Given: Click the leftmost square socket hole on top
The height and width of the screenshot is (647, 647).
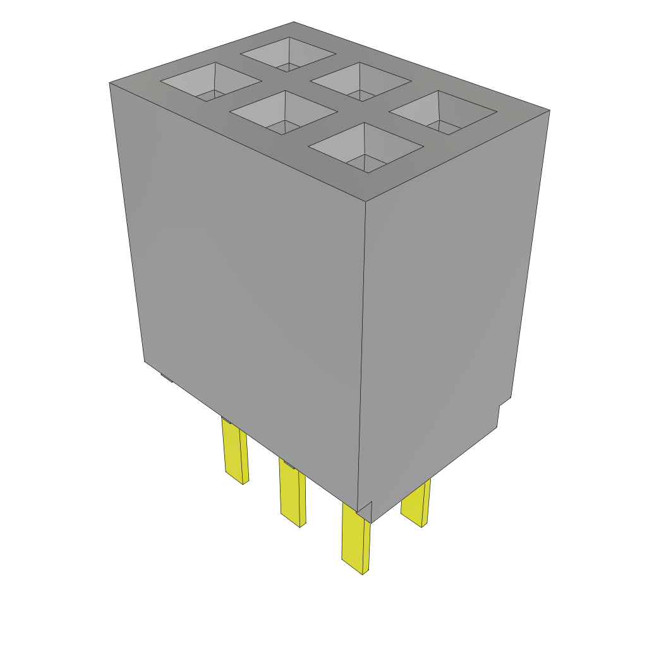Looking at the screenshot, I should coord(211,82).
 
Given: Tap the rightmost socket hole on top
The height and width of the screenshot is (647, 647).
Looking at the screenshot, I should coord(443,112).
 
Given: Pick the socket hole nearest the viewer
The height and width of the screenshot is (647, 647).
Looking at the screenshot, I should coord(365,147).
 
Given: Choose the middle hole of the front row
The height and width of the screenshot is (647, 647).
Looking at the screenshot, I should coord(284,112).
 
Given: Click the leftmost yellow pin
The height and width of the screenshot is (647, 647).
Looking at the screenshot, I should coord(235,449).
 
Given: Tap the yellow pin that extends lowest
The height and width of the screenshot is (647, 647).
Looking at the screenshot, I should coord(356,537).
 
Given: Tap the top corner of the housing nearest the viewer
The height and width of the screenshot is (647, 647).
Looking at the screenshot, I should coord(367,202).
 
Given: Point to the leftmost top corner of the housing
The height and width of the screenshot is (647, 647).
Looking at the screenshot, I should coord(110,83).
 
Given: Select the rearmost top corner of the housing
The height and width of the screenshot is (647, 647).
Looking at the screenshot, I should coord(294,22).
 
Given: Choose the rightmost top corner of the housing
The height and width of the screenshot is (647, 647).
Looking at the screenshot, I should coord(549,111).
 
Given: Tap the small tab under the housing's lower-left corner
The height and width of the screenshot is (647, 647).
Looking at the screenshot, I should coord(166,377).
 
